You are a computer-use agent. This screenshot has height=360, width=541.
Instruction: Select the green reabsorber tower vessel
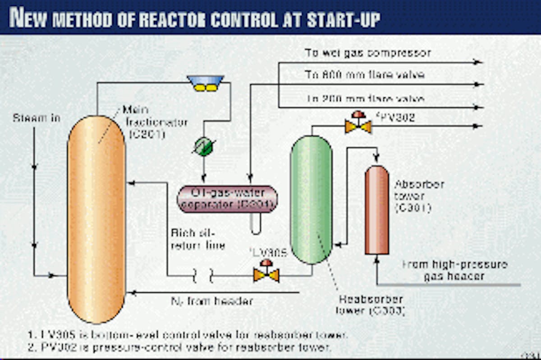pyautogui.click(x=311, y=198)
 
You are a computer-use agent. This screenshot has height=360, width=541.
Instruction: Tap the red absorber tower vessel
pyautogui.click(x=376, y=210)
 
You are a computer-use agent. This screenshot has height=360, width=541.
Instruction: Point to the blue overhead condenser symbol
pyautogui.click(x=206, y=83)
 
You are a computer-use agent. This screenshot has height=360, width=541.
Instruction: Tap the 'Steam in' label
pyautogui.click(x=36, y=119)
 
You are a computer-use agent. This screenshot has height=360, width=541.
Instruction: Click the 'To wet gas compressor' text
pyautogui.click(x=367, y=53)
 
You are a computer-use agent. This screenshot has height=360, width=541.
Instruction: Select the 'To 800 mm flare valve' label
pyautogui.click(x=364, y=75)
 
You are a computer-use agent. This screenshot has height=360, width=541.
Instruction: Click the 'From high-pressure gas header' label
pyautogui.click(x=454, y=270)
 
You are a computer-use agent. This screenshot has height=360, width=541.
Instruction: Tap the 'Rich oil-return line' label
pyautogui.click(x=197, y=240)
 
